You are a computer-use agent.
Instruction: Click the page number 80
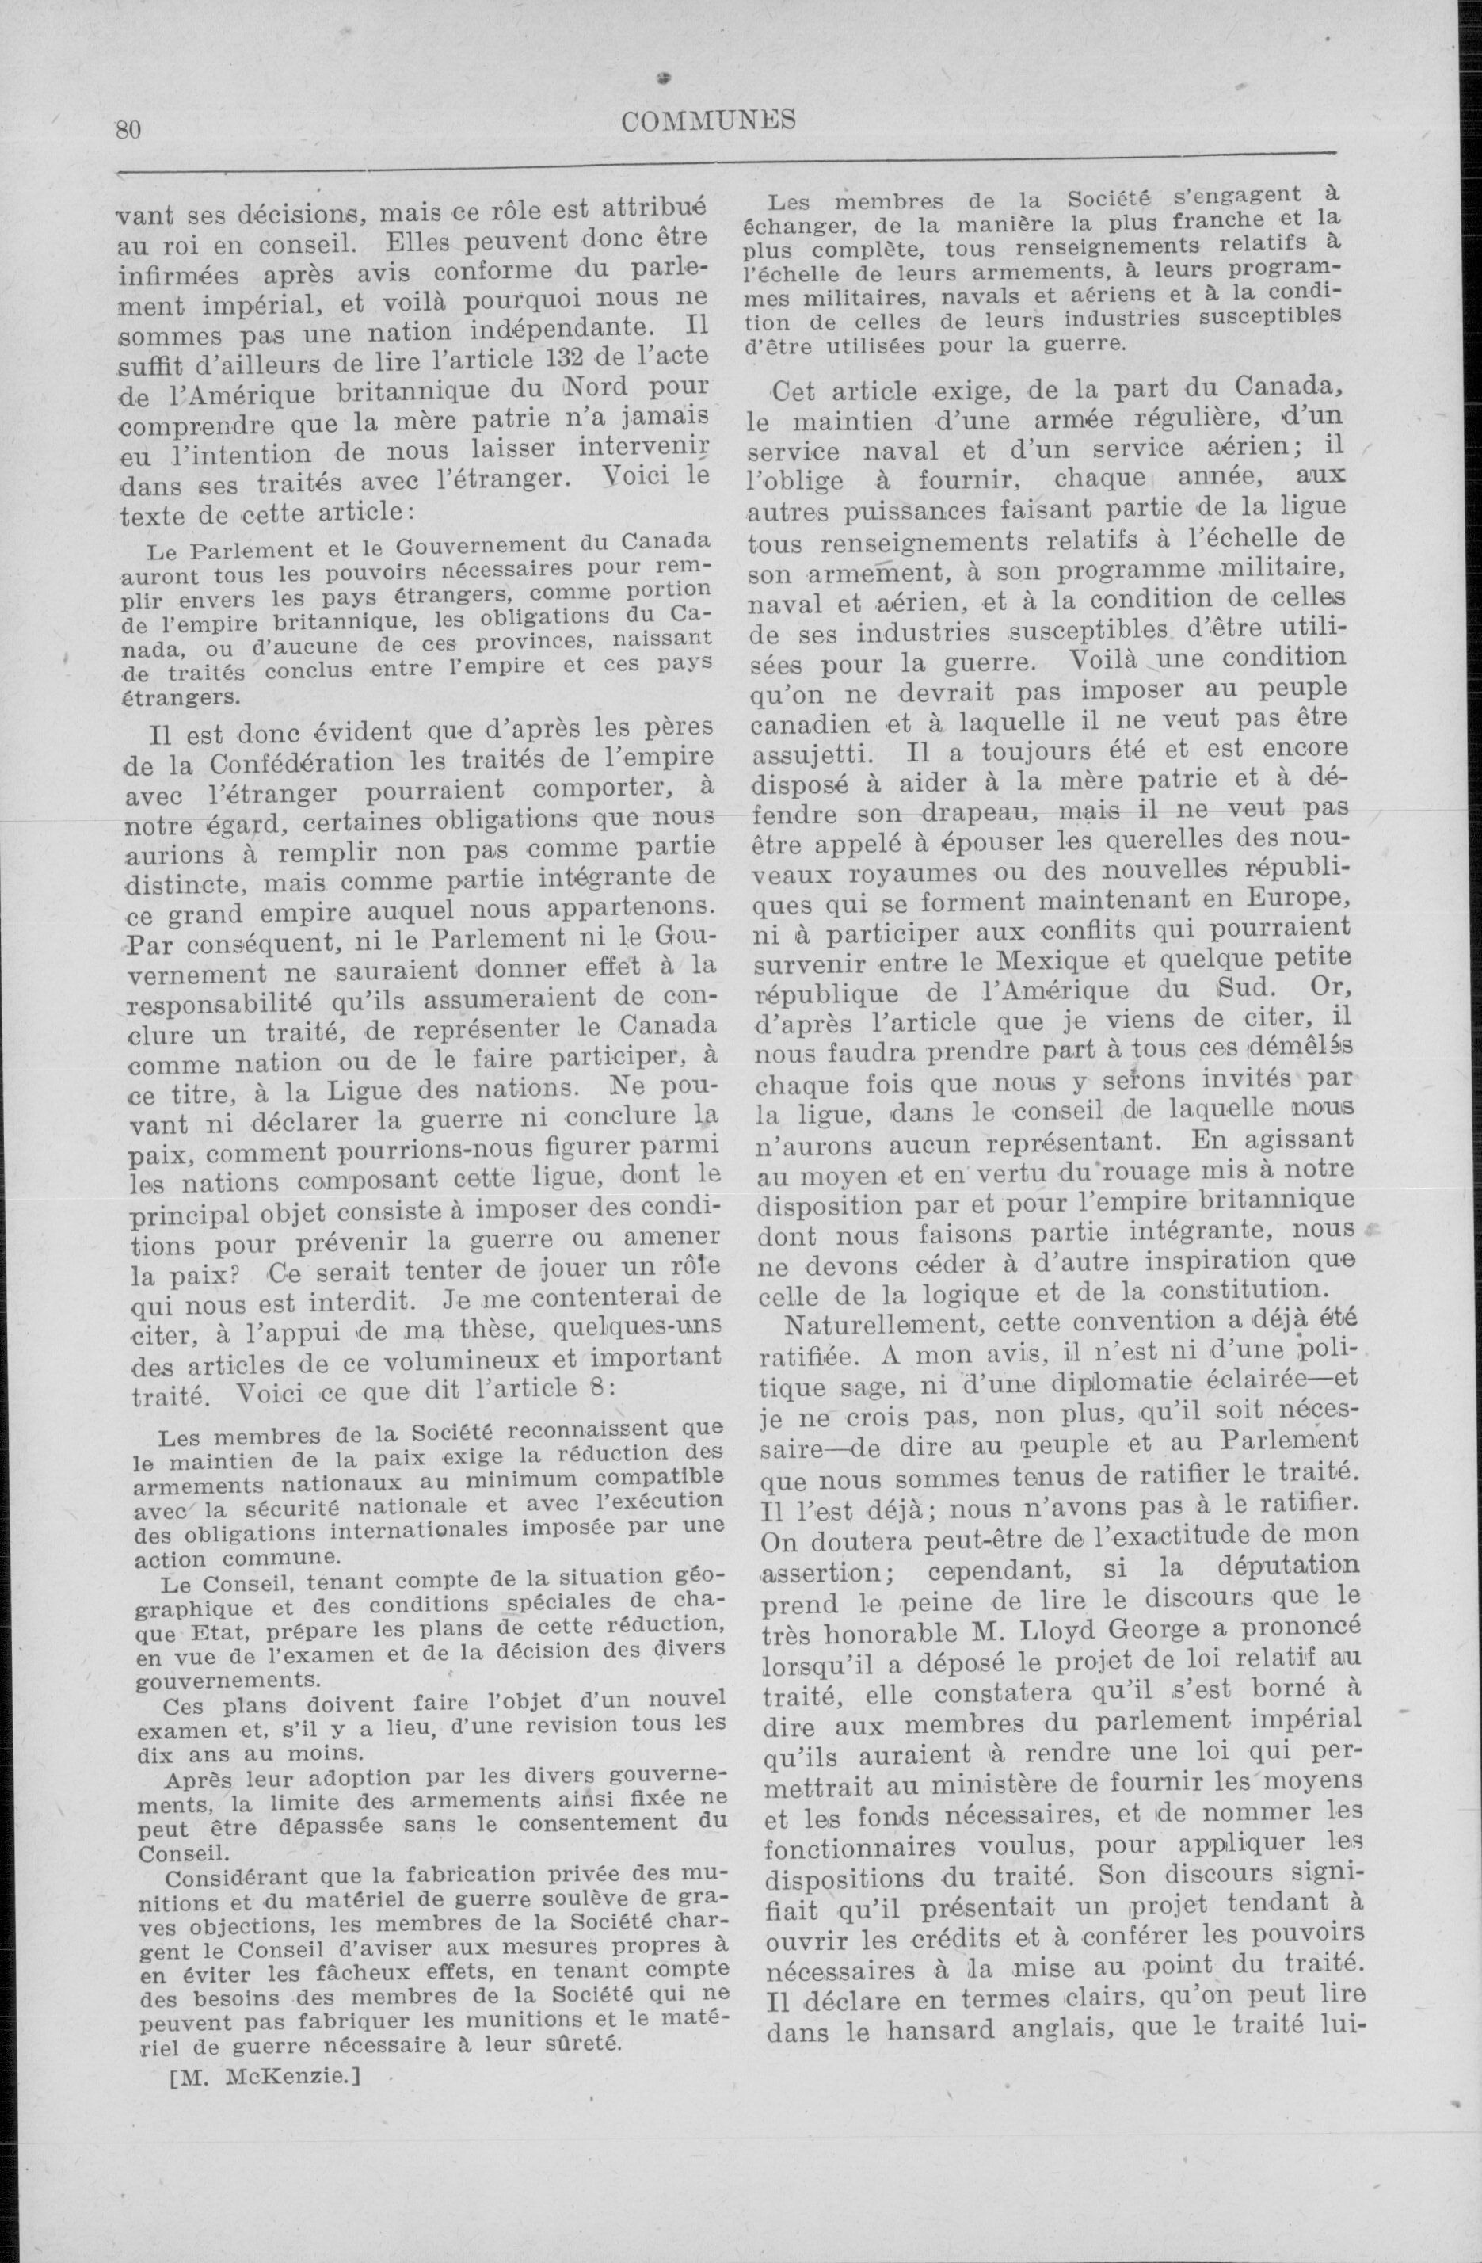128,129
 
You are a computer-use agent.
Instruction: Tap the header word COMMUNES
708,120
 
